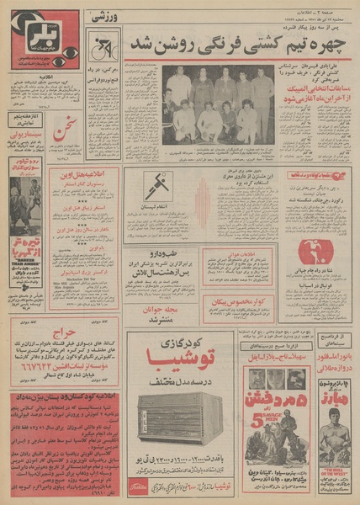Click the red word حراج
[x=41, y=332]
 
